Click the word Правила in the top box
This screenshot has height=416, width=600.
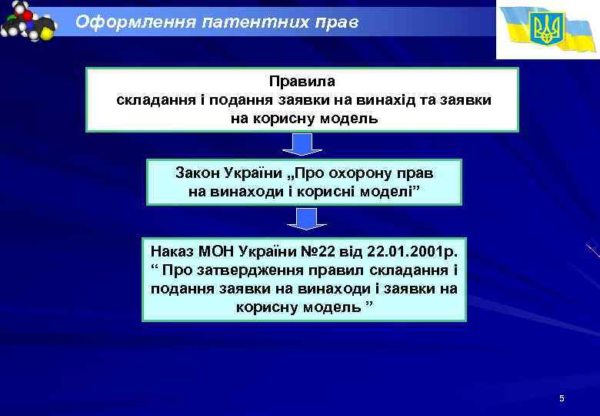303,81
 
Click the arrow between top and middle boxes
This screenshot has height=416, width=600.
303,145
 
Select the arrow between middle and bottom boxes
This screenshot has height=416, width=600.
306,218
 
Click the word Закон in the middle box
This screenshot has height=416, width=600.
197,173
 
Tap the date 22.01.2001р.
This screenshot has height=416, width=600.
412,252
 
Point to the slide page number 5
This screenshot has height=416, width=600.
562,398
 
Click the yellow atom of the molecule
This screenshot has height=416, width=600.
45,33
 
